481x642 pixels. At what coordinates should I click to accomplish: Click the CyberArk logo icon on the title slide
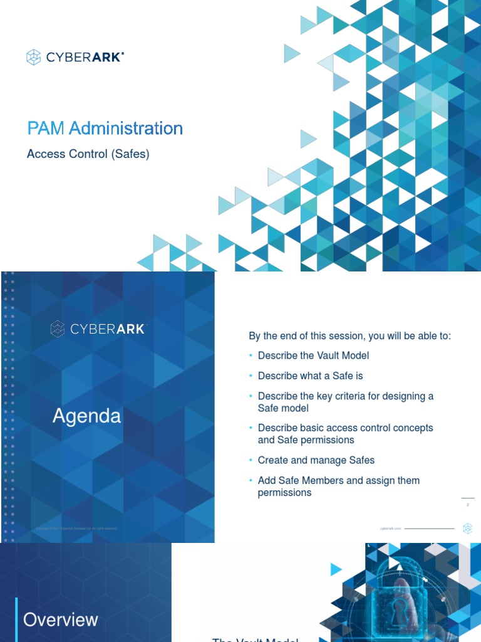pos(33,58)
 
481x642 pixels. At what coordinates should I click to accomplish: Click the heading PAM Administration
pos(105,129)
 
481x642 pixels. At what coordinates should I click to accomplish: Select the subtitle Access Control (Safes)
pos(88,154)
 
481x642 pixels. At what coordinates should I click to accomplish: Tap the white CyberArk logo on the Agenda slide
pos(97,329)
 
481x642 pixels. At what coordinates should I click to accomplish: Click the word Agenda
pos(86,416)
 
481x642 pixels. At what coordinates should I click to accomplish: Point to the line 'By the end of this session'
pos(349,336)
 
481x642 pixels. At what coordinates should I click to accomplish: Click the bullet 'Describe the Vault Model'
pos(313,355)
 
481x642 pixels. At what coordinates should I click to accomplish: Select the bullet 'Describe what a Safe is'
pos(310,376)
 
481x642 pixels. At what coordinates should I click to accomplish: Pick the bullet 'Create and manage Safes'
pos(316,460)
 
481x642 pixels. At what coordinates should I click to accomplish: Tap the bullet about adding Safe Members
pos(338,487)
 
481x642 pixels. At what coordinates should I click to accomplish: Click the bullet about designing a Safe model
pos(345,402)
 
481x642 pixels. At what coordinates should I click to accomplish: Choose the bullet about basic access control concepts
pos(345,434)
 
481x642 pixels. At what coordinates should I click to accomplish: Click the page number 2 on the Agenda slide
pos(468,504)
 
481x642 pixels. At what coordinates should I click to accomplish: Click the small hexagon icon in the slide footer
pos(467,529)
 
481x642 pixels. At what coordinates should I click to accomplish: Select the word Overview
pos(61,619)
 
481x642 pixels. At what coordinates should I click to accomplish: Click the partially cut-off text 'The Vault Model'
pos(255,639)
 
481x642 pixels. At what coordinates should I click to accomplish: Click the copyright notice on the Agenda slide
pos(76,529)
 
